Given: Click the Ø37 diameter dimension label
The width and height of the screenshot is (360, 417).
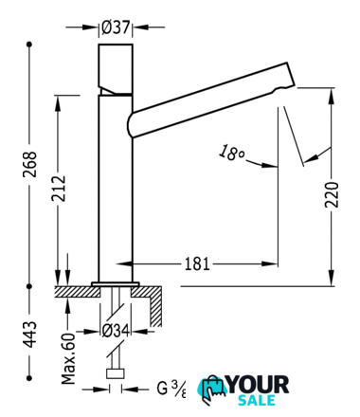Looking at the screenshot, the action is click(x=116, y=27).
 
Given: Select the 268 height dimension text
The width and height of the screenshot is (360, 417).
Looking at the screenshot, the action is click(x=30, y=164).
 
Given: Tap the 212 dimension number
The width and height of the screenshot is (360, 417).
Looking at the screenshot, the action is click(x=59, y=189).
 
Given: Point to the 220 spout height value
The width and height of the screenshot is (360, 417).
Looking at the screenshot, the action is click(x=332, y=194).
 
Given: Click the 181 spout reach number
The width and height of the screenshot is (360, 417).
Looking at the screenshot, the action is click(x=197, y=263).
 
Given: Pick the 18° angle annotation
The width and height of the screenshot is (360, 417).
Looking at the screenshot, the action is click(x=231, y=153).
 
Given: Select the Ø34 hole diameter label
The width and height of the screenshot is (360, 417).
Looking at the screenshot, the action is click(x=116, y=332).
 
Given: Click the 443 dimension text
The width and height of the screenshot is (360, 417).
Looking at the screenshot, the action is click(x=30, y=335).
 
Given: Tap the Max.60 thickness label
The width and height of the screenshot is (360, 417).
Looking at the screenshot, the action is click(x=68, y=358).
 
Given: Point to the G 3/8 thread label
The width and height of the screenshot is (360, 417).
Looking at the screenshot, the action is click(x=171, y=389).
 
